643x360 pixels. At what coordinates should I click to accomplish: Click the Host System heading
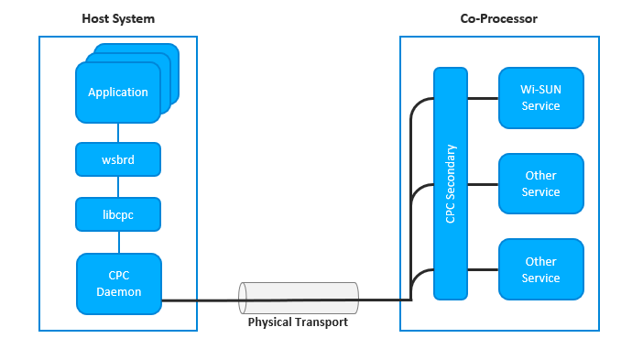tap(118, 18)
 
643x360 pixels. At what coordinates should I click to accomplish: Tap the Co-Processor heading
tap(499, 18)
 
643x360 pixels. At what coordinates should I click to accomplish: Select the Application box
tap(118, 93)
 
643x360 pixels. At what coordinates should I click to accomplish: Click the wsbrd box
tap(118, 159)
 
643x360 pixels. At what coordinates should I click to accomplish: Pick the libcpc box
tap(118, 214)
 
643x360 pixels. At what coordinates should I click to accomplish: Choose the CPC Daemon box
tap(118, 282)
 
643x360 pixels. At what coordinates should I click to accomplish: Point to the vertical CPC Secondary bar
tap(450, 183)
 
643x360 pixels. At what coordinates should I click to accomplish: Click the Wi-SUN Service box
tap(540, 97)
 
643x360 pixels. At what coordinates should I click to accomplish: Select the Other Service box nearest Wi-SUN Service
tap(540, 183)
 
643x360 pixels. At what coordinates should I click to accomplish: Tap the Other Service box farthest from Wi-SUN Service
tap(540, 269)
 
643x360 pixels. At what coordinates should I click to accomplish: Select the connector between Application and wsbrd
tap(118, 133)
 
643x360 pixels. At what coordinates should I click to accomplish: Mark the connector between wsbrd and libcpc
tap(118, 187)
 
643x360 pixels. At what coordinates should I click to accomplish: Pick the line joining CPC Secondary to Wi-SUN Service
tap(482, 97)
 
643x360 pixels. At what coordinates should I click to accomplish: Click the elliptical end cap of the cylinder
tap(244, 298)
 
